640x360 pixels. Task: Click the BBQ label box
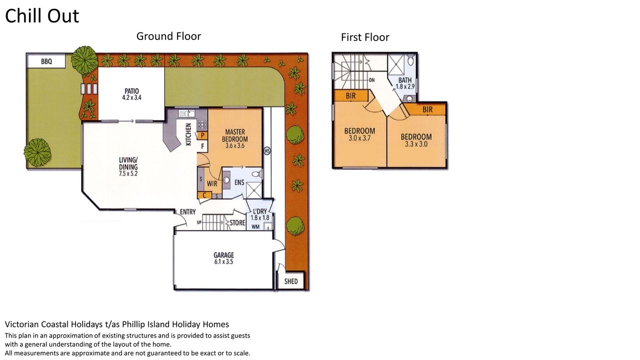point(46,61)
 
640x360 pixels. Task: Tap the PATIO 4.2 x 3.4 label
point(131,94)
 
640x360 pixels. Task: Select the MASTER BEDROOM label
point(235,135)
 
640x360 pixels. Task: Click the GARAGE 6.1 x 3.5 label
point(223,258)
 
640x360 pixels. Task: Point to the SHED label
point(291,281)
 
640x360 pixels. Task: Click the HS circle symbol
point(267,150)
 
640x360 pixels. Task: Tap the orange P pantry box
point(202,135)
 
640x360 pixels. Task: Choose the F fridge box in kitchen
point(202,146)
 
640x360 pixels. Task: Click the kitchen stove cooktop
point(202,124)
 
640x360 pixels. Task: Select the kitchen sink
point(186,113)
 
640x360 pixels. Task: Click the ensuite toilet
point(257,174)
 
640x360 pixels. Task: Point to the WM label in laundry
point(255,227)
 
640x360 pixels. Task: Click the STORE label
point(237,223)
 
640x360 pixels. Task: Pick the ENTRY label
point(187,211)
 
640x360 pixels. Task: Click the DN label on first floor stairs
point(371,80)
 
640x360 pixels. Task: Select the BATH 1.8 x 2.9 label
point(405,83)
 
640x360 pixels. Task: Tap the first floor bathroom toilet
point(411,60)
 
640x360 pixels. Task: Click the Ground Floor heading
point(168,36)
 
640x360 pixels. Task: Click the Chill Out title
point(42,15)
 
